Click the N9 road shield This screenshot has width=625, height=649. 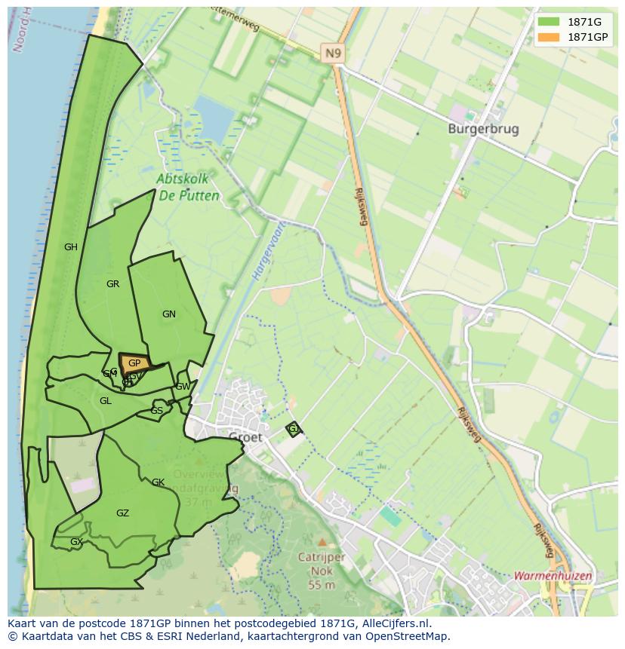point(332,53)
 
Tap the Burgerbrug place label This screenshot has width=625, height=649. point(483,129)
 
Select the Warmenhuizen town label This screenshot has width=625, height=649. point(553,576)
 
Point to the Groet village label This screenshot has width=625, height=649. point(245,437)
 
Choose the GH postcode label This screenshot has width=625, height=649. point(71,246)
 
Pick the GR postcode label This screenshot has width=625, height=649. point(113,284)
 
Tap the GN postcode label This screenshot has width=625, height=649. point(169,314)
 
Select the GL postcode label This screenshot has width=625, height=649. point(106,401)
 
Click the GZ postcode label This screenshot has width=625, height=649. point(122,513)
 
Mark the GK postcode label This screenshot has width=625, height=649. point(158,482)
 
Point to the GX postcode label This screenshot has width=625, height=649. point(75,542)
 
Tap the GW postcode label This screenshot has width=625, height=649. point(183,387)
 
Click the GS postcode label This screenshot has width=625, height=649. point(156,411)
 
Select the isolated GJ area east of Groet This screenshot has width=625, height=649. point(294,429)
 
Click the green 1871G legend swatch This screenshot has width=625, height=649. point(549,22)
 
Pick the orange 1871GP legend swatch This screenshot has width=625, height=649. point(549,37)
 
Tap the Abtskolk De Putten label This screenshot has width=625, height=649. point(189,188)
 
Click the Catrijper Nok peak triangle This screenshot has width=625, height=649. point(322,541)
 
